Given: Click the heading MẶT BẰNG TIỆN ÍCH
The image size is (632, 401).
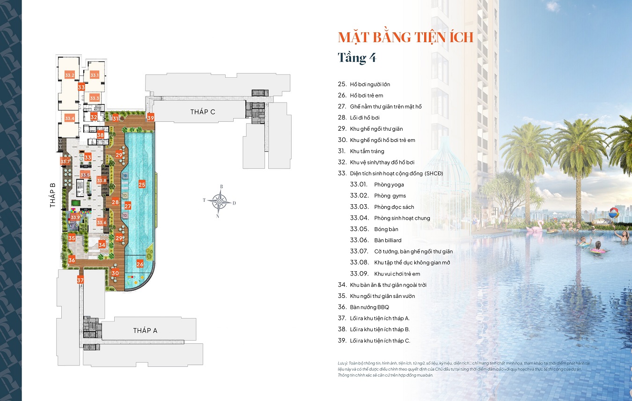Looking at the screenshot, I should [405, 37].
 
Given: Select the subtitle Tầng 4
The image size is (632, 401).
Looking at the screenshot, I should [357, 58].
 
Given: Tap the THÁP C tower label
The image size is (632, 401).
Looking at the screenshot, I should [203, 111].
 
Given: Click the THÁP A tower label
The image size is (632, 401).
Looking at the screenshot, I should [145, 330].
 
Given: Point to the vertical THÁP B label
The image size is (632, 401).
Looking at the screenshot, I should [53, 195].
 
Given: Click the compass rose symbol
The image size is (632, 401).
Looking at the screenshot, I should [219, 202].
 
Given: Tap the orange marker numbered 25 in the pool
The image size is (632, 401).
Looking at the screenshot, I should [142, 185].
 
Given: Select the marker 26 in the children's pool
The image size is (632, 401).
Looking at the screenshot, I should [140, 264].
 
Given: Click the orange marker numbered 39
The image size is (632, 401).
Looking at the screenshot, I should [150, 118].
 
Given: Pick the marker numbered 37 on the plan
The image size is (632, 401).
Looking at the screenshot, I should [81, 280].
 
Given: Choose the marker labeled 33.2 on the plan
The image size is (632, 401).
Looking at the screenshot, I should [70, 75].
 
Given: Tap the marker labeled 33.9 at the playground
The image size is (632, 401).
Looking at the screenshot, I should [75, 217].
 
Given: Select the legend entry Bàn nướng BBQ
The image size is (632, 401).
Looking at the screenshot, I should [369, 307].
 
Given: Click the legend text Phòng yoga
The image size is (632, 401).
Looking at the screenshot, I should [389, 185].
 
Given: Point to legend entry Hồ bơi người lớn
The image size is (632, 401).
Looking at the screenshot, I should [370, 84].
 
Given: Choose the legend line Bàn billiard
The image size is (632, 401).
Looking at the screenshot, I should [388, 240].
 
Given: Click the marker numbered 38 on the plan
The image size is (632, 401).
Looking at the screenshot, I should [100, 135].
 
